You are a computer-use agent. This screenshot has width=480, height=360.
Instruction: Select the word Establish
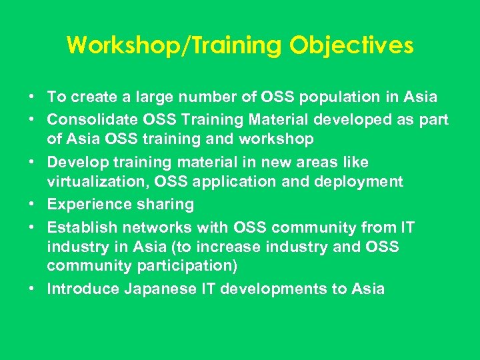79,228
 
